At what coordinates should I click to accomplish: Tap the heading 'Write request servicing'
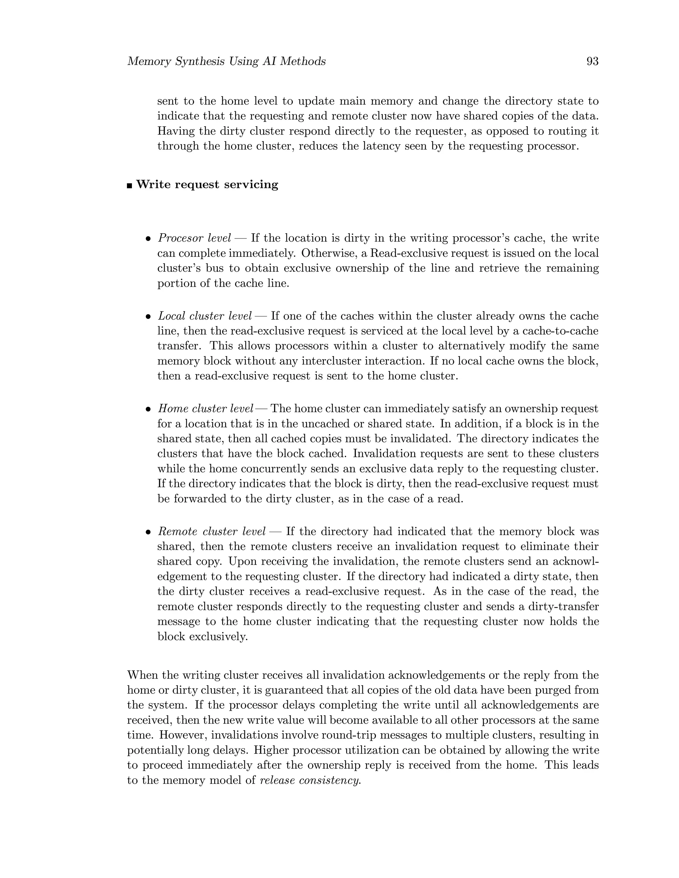[x=207, y=185]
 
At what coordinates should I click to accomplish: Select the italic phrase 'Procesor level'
[x=194, y=239]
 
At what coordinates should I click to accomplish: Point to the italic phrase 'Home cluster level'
[x=205, y=409]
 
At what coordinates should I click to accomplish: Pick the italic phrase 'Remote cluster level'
[x=211, y=531]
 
